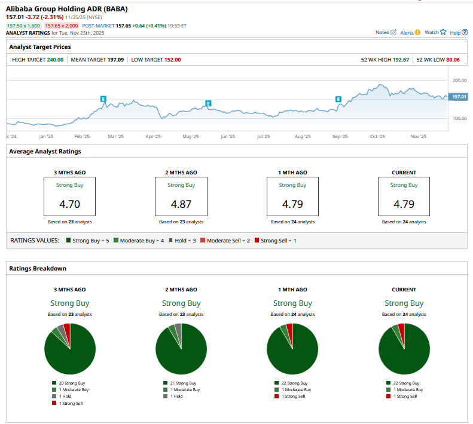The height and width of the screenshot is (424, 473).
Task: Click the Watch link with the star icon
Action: (435, 32)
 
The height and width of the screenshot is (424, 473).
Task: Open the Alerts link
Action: (410, 32)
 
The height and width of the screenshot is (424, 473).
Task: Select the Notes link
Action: (385, 32)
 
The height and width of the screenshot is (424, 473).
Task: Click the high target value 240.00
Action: (55, 60)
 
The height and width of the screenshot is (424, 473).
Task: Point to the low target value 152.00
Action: (172, 60)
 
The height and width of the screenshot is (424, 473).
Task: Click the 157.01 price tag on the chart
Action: (459, 97)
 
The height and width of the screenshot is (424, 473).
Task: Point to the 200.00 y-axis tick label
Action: (459, 80)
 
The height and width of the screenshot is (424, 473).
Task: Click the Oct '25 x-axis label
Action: (377, 137)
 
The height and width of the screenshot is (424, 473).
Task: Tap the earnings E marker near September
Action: (338, 99)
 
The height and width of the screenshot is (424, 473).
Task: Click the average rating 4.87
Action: (181, 204)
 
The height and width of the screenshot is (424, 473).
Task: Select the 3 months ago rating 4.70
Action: (69, 204)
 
